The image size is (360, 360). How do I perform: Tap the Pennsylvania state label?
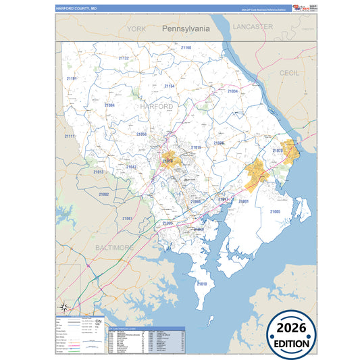click(186, 29)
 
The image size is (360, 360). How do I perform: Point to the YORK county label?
click(136, 29)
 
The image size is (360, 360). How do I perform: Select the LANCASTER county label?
click(252, 26)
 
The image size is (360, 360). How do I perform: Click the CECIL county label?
click(288, 72)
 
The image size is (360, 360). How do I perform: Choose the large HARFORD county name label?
click(156, 106)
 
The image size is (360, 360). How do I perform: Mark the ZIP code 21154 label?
click(169, 86)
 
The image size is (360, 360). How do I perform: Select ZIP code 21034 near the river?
click(232, 91)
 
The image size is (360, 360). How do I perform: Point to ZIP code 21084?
click(109, 105)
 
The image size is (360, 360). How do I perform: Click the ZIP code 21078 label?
click(278, 151)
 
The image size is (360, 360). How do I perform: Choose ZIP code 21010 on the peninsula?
click(201, 284)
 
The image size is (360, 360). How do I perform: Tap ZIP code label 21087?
click(128, 218)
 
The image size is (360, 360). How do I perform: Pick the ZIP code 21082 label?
click(103, 194)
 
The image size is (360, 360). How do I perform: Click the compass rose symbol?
click(63, 307)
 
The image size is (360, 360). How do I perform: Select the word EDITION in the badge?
click(292, 344)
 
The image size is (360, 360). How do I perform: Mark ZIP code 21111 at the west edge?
click(70, 136)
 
